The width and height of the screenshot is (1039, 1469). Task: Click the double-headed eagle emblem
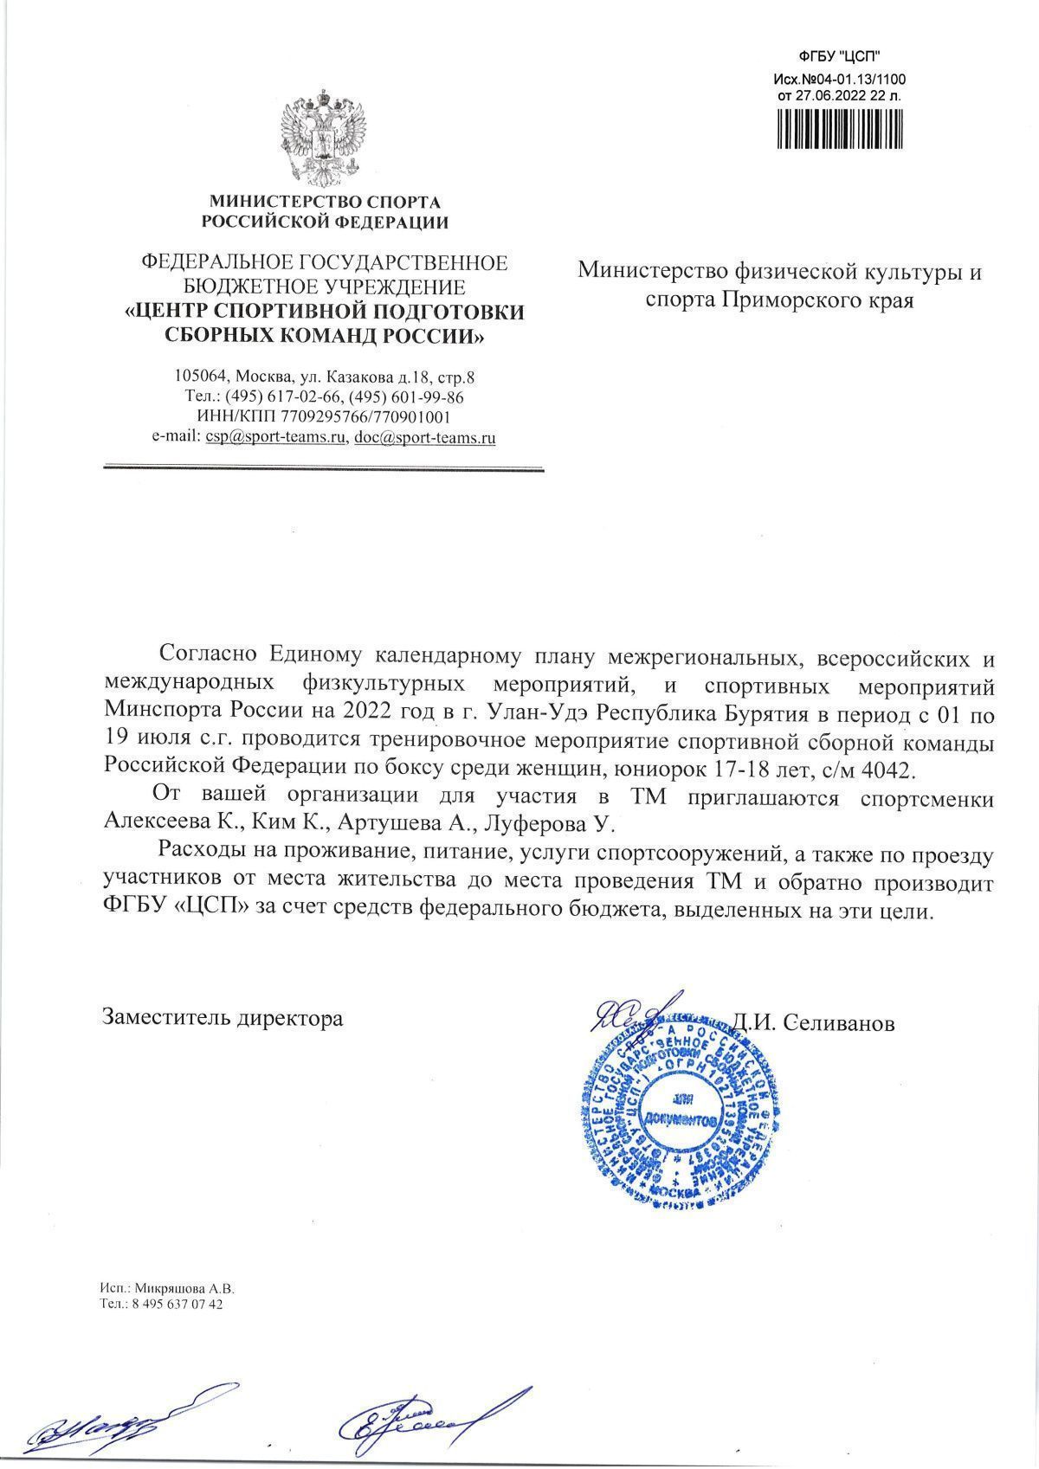click(324, 136)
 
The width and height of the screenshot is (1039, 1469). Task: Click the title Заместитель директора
click(223, 1018)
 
